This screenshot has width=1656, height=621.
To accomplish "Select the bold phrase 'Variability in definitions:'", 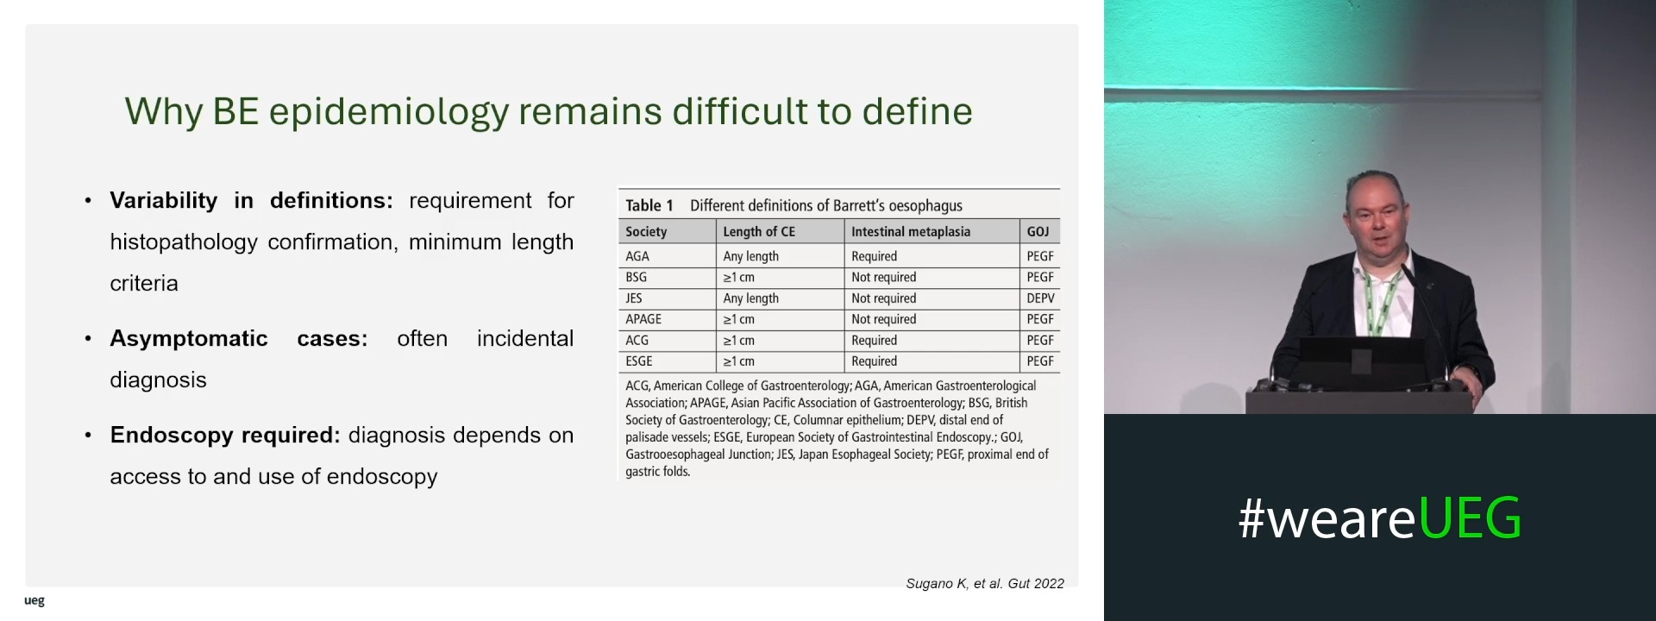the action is [251, 201].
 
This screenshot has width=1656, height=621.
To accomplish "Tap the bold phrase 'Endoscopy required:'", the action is [225, 436].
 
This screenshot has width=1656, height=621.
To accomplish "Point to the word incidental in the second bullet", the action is [525, 338].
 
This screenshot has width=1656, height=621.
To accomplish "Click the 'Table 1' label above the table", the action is [649, 205].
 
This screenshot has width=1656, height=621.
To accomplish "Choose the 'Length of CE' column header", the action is [759, 231].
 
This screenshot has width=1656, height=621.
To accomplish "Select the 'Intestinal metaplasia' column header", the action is [911, 231].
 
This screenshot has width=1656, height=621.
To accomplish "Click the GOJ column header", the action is [1038, 231].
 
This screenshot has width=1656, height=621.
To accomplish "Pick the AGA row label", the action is [637, 256].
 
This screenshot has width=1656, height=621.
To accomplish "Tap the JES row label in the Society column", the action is [634, 298].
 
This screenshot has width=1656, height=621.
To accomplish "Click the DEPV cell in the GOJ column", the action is [1040, 298].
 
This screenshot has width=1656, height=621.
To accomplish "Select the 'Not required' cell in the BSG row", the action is [883, 277].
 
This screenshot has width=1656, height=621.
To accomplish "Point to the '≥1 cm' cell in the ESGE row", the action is [738, 361].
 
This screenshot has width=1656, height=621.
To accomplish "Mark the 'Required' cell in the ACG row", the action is [874, 341].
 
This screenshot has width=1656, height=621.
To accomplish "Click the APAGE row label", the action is [643, 319].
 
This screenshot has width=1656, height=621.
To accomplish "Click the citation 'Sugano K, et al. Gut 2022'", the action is [985, 584].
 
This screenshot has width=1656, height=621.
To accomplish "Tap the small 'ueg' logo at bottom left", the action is [34, 601].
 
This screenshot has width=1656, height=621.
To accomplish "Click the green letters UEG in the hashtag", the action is [1470, 518].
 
